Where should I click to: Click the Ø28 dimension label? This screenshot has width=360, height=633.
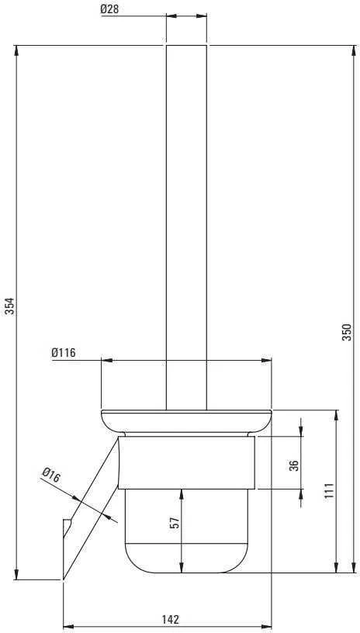point(109,9)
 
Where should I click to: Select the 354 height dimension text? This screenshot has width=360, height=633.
point(9,306)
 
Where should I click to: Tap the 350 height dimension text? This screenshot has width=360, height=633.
point(347,332)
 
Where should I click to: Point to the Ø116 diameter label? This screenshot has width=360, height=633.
point(64,352)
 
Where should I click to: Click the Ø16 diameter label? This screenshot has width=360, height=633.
point(51,475)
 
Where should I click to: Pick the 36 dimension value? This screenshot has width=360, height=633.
point(295,465)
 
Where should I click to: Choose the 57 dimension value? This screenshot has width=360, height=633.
point(175,523)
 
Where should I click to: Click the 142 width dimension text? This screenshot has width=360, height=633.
point(171,619)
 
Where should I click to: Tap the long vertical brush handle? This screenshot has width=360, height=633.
point(186,227)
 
